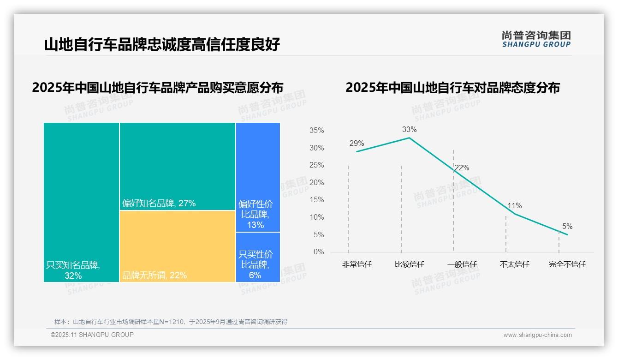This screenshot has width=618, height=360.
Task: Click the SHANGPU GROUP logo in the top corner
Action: pyautogui.click(x=536, y=39)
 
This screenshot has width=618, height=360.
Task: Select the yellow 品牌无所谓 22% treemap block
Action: pyautogui.click(x=178, y=246)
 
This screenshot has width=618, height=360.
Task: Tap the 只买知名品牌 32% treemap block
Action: pyautogui.click(x=81, y=202)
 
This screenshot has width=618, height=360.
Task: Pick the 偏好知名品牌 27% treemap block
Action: pyautogui.click(x=178, y=166)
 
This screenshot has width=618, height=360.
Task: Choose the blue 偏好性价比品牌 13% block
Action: pyautogui.click(x=258, y=177)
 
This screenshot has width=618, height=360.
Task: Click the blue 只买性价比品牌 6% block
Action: pyautogui.click(x=258, y=257)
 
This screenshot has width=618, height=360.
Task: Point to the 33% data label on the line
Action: pyautogui.click(x=409, y=130)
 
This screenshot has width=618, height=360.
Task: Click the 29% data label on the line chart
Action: pyautogui.click(x=357, y=144)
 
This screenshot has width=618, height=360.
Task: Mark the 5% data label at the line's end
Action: pyautogui.click(x=567, y=227)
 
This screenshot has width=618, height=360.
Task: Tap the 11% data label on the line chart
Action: pyautogui.click(x=515, y=206)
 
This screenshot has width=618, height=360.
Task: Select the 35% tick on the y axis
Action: pyautogui.click(x=316, y=131)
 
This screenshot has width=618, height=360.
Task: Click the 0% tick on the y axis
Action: pyautogui.click(x=319, y=252)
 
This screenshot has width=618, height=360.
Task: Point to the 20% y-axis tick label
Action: pyautogui.click(x=316, y=183)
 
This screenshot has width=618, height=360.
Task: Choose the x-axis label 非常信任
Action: pyautogui.click(x=357, y=264)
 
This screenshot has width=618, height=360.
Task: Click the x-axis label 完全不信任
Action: pyautogui.click(x=567, y=264)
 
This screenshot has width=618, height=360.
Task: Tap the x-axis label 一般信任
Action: pyautogui.click(x=462, y=264)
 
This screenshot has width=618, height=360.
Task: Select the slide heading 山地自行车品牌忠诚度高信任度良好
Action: pyautogui.click(x=162, y=45)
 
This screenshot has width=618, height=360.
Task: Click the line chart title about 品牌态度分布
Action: pyautogui.click(x=452, y=88)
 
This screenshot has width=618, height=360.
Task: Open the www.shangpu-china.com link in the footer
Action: pyautogui.click(x=537, y=335)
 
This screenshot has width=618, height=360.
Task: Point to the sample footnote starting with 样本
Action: pyautogui.click(x=171, y=322)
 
